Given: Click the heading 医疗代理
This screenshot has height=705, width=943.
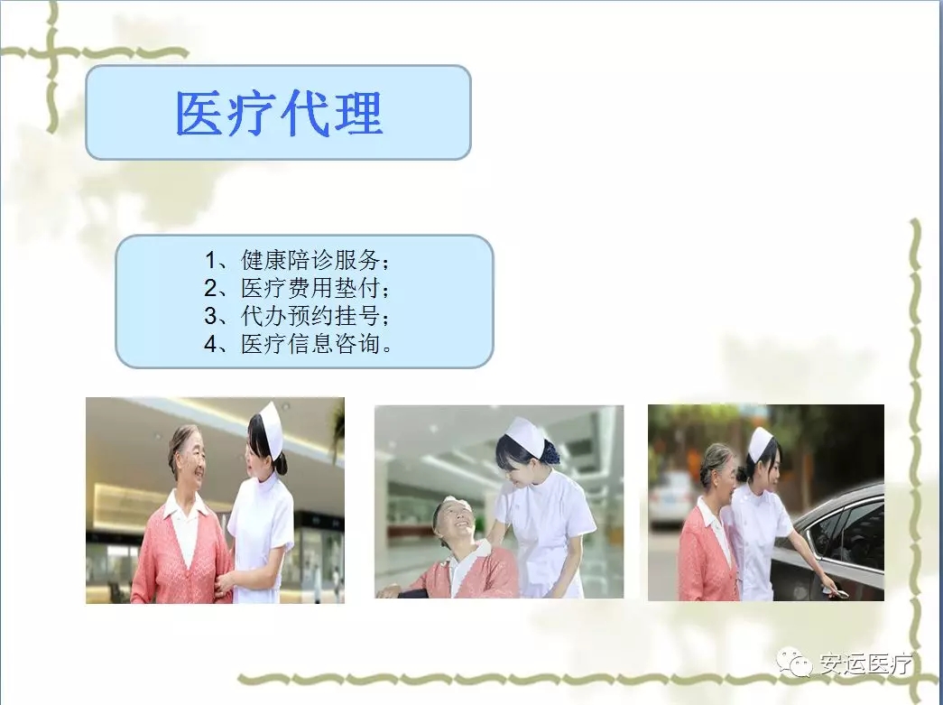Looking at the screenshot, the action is point(279,114).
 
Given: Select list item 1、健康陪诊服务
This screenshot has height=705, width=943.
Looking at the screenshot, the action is point(297,260).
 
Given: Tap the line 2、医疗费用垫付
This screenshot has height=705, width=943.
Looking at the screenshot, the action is point(297,288).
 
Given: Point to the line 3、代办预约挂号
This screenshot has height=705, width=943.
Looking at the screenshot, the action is point(297,315).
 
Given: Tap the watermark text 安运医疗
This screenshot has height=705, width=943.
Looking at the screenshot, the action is point(865,664).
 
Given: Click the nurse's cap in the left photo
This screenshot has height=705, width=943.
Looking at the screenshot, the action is point(271,430).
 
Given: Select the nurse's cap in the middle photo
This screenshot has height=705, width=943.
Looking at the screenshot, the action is point(526,435).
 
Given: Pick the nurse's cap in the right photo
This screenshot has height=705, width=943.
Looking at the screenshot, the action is point(760,444).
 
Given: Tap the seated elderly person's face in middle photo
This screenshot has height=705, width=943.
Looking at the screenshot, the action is point(456,521).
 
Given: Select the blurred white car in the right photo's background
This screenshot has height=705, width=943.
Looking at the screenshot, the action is point(671,500).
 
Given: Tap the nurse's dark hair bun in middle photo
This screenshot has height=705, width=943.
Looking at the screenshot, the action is point(550,451).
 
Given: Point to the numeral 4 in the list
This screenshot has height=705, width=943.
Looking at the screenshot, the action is point(210,344).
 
